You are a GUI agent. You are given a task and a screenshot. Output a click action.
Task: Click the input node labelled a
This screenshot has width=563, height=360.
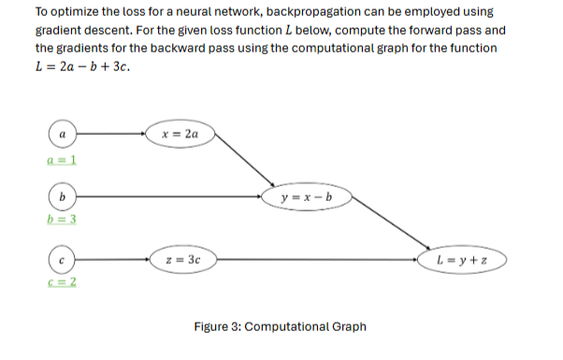(x=62, y=136)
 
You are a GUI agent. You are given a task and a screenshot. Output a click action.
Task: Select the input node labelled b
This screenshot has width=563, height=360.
(x=62, y=196)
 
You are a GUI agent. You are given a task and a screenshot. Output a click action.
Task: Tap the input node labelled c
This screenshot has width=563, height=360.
(x=62, y=257)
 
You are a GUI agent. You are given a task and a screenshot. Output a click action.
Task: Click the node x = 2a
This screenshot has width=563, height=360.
(x=178, y=136)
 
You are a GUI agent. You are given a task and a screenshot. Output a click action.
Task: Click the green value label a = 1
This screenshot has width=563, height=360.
(x=61, y=160)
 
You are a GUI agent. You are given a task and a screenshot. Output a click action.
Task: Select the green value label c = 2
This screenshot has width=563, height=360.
(x=61, y=281)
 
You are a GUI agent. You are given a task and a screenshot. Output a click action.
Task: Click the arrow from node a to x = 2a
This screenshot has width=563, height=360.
(x=109, y=136)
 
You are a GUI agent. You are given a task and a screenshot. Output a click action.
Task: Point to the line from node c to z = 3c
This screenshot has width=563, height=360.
(x=109, y=257)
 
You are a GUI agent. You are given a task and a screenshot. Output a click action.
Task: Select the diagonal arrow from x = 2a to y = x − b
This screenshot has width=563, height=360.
(x=245, y=166)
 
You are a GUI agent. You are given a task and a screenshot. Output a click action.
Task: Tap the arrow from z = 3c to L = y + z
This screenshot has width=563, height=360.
(x=318, y=258)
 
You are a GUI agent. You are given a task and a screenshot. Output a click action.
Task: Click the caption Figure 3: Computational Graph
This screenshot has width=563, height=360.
(x=280, y=326)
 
